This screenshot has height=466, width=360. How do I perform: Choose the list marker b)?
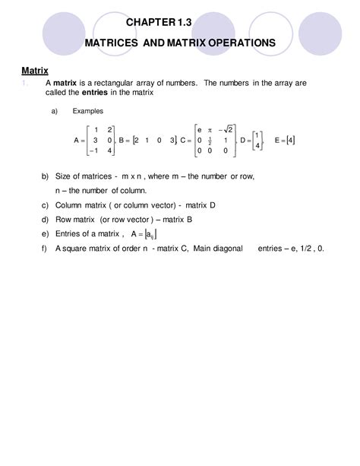point(45,176)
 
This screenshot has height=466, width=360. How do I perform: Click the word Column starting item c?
point(69,205)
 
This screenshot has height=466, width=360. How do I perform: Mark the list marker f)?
point(45,248)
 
